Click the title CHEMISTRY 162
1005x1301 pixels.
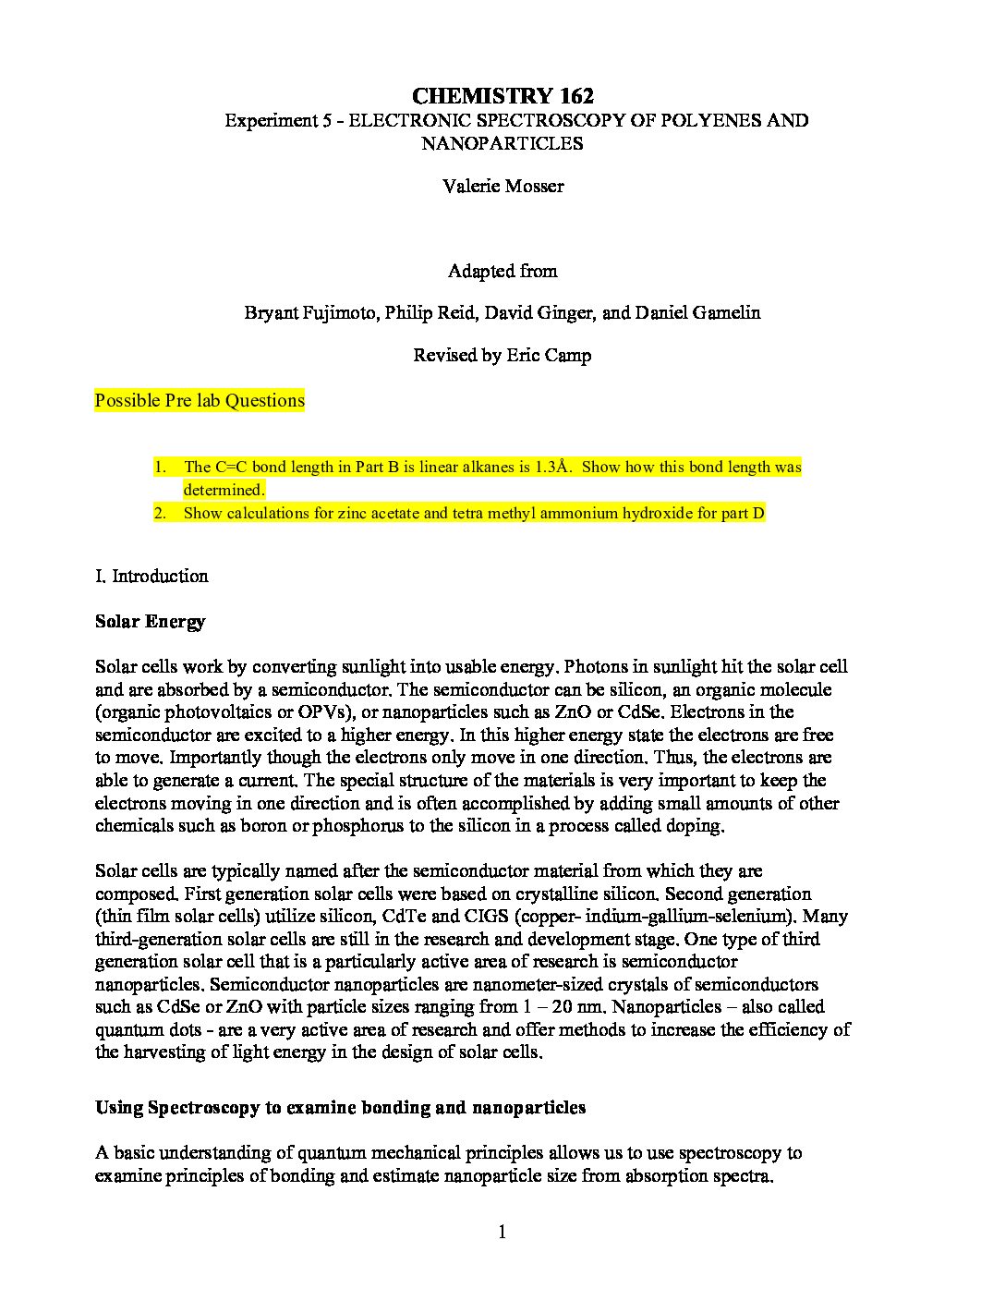502,96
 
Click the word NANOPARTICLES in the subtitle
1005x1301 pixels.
502,143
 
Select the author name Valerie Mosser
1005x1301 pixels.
502,186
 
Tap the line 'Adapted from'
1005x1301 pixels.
502,271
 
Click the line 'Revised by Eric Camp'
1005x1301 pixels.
502,356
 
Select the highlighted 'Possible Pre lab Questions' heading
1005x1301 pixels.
200,401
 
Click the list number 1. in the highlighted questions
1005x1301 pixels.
160,468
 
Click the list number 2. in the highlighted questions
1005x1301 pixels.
160,514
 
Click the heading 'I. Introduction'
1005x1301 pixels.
151,577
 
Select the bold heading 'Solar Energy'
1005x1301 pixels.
150,622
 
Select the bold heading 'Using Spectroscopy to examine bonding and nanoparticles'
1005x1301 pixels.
340,1108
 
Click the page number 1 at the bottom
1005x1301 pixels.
502,1232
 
